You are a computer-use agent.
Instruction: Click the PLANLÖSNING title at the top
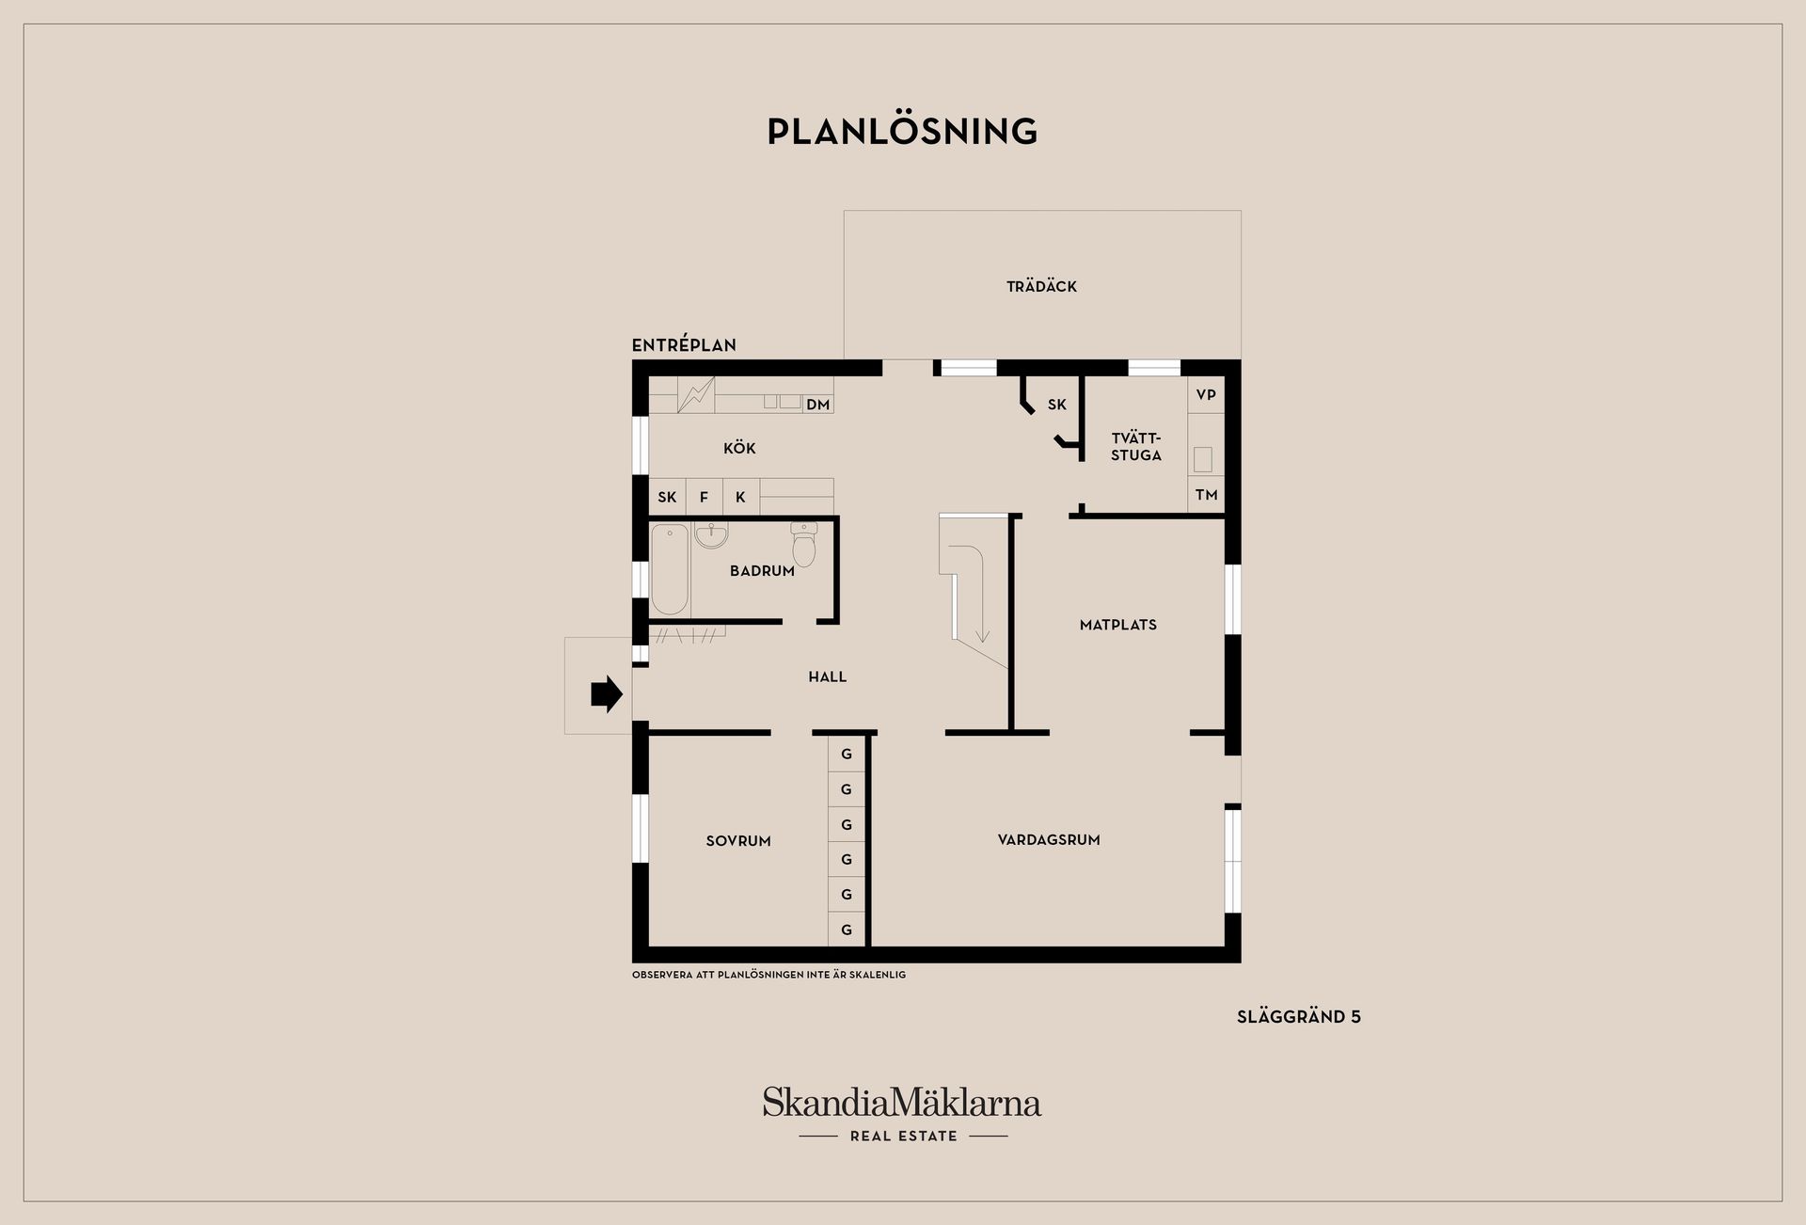902,131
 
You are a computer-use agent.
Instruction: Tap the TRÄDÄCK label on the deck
1041,286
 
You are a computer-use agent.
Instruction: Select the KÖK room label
739,448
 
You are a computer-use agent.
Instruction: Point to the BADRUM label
762,570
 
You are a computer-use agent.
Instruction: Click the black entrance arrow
607,694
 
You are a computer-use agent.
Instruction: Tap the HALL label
828,676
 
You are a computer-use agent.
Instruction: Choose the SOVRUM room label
738,841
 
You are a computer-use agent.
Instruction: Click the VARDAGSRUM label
1049,840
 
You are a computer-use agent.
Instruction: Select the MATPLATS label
1118,625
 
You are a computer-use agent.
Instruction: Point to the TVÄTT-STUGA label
1136,447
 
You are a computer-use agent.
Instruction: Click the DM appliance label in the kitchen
818,405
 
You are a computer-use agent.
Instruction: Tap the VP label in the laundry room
1206,394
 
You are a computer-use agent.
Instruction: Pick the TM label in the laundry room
1206,495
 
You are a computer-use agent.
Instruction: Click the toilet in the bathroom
804,544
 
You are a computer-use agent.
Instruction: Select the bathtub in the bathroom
670,569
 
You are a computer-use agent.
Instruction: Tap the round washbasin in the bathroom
711,535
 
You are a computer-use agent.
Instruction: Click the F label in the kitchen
704,498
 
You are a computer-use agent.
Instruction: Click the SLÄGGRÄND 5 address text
1299,1017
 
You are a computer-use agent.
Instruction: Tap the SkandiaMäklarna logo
902,1114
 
